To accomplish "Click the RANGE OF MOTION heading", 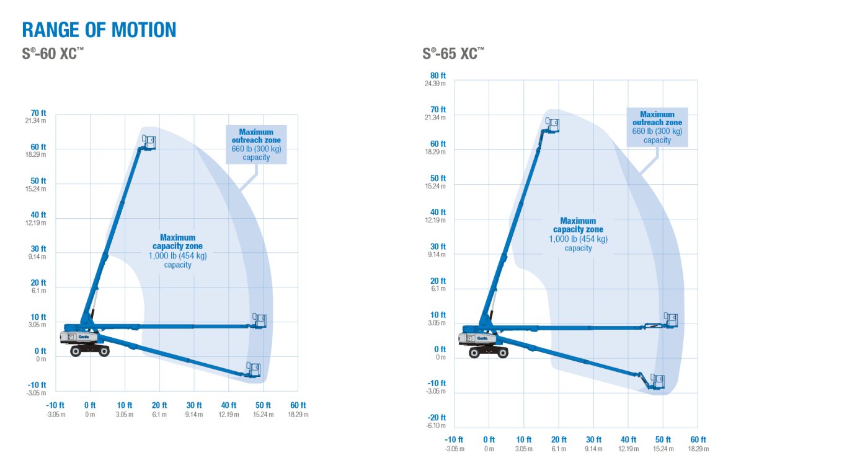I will tap(99, 30).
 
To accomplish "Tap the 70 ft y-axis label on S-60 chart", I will tap(38, 113).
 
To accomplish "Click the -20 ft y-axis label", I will tap(438, 418).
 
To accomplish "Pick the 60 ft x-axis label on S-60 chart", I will tap(298, 405).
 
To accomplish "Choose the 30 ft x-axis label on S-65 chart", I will tap(593, 439).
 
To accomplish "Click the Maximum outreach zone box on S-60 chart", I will tap(256, 144).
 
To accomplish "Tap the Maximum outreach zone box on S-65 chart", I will tap(657, 127).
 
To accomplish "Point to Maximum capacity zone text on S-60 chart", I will tap(177, 250).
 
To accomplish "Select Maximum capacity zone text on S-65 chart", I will tap(578, 234).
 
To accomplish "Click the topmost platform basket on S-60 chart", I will tap(149, 142).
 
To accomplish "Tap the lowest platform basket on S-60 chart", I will tap(253, 369).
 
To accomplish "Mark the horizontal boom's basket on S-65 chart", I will tap(670, 320).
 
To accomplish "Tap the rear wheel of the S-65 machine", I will tap(475, 353).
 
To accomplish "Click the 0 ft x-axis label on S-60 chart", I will tap(90, 405).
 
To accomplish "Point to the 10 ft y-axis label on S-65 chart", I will tap(438, 315).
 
